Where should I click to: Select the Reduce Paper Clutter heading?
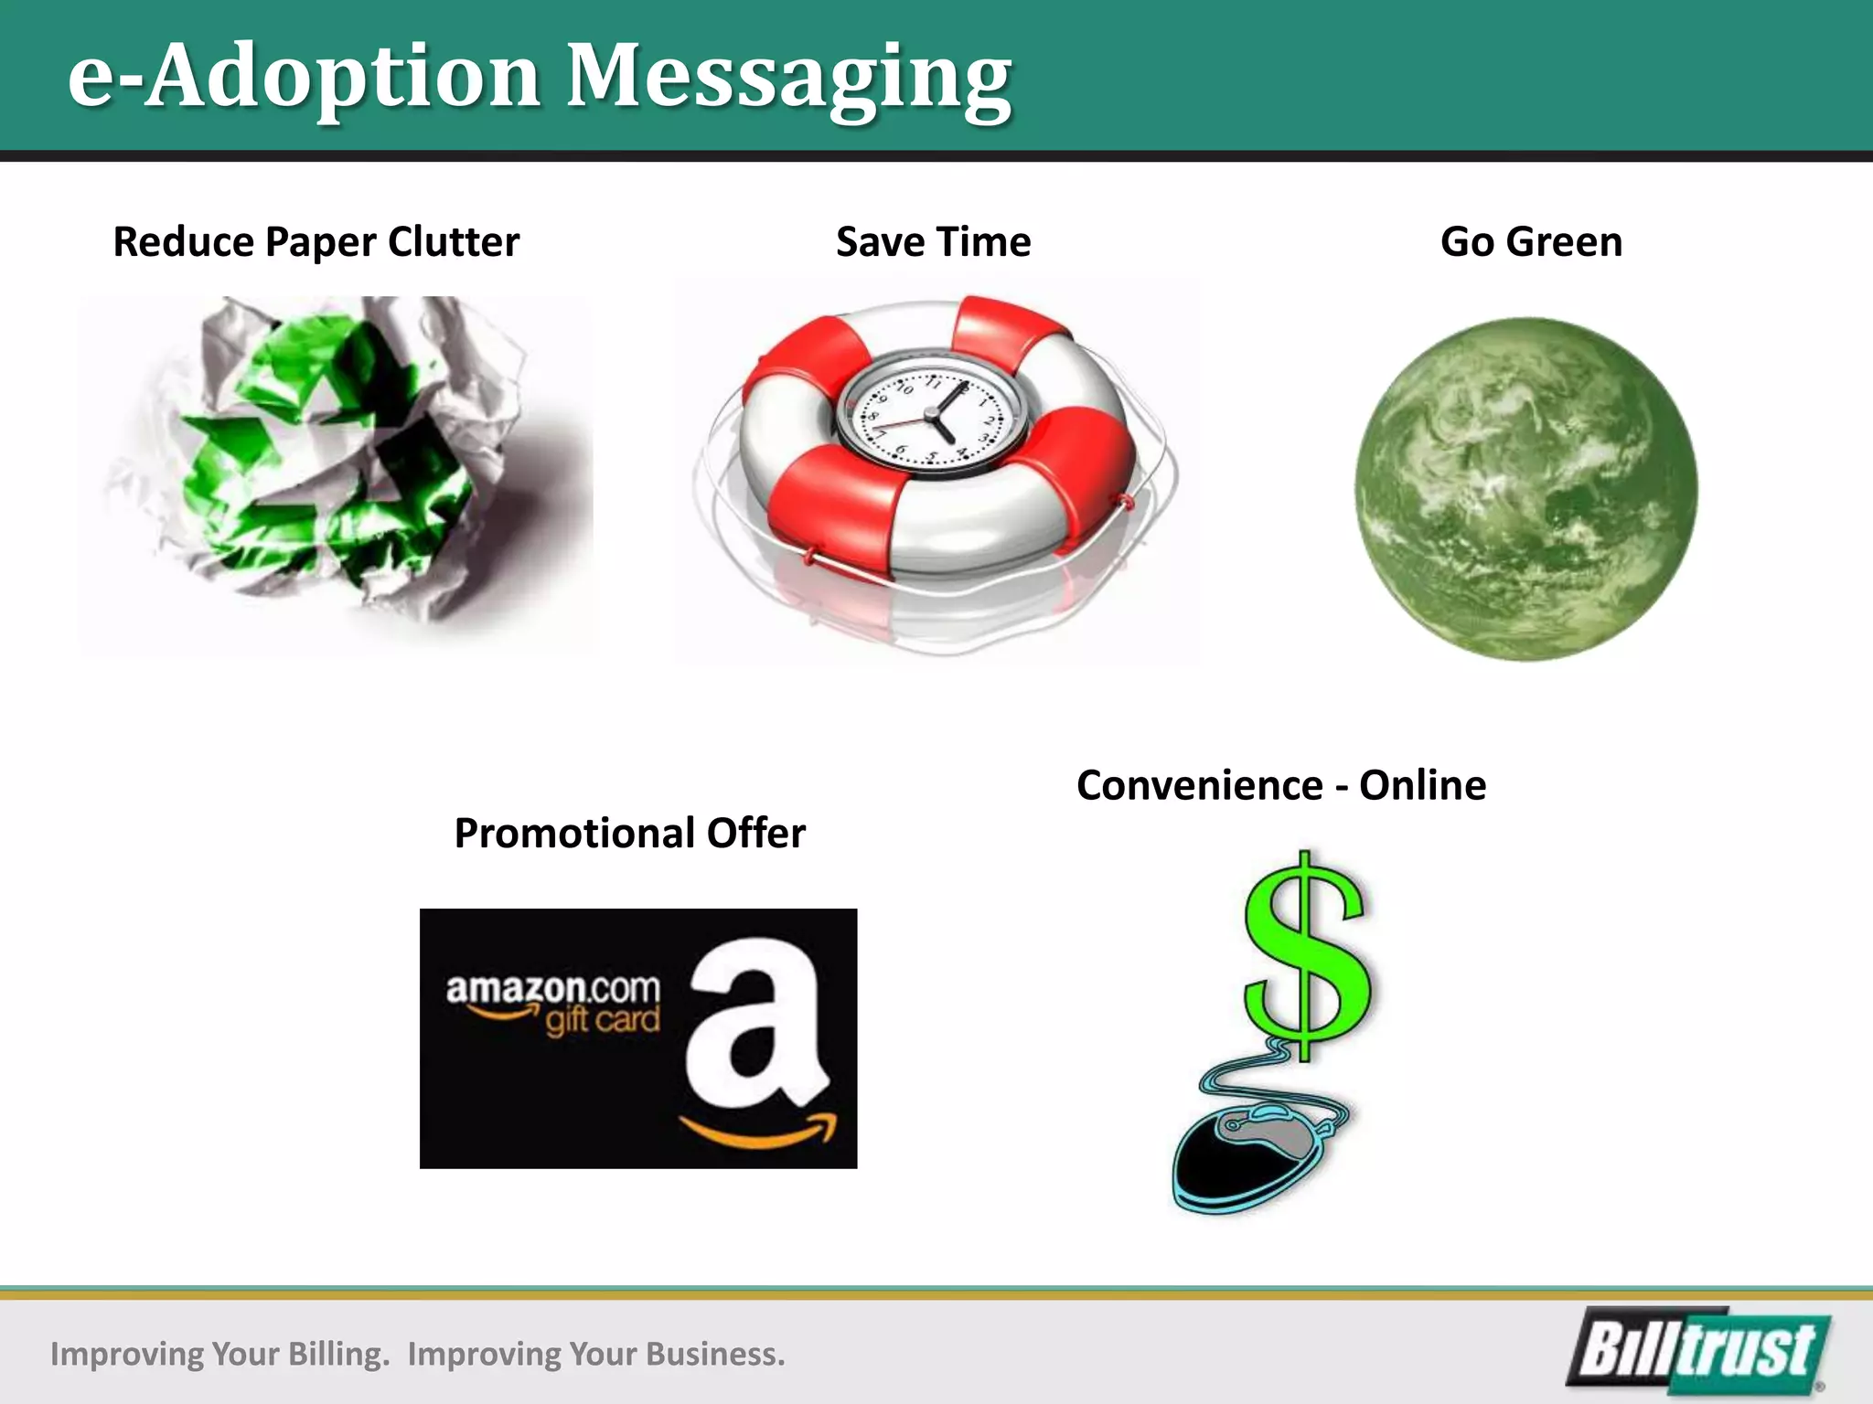(x=316, y=242)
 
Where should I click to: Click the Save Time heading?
(x=933, y=242)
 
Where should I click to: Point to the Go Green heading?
(x=1531, y=242)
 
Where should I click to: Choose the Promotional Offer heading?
(x=629, y=833)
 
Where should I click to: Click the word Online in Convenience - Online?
(x=1422, y=785)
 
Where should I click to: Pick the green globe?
(x=1525, y=489)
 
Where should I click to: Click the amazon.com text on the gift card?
(x=552, y=989)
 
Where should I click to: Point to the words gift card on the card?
(x=602, y=1020)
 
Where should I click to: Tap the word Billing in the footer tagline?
(x=337, y=1354)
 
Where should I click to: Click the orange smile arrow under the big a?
(x=759, y=1131)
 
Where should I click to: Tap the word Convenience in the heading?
(x=1199, y=785)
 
